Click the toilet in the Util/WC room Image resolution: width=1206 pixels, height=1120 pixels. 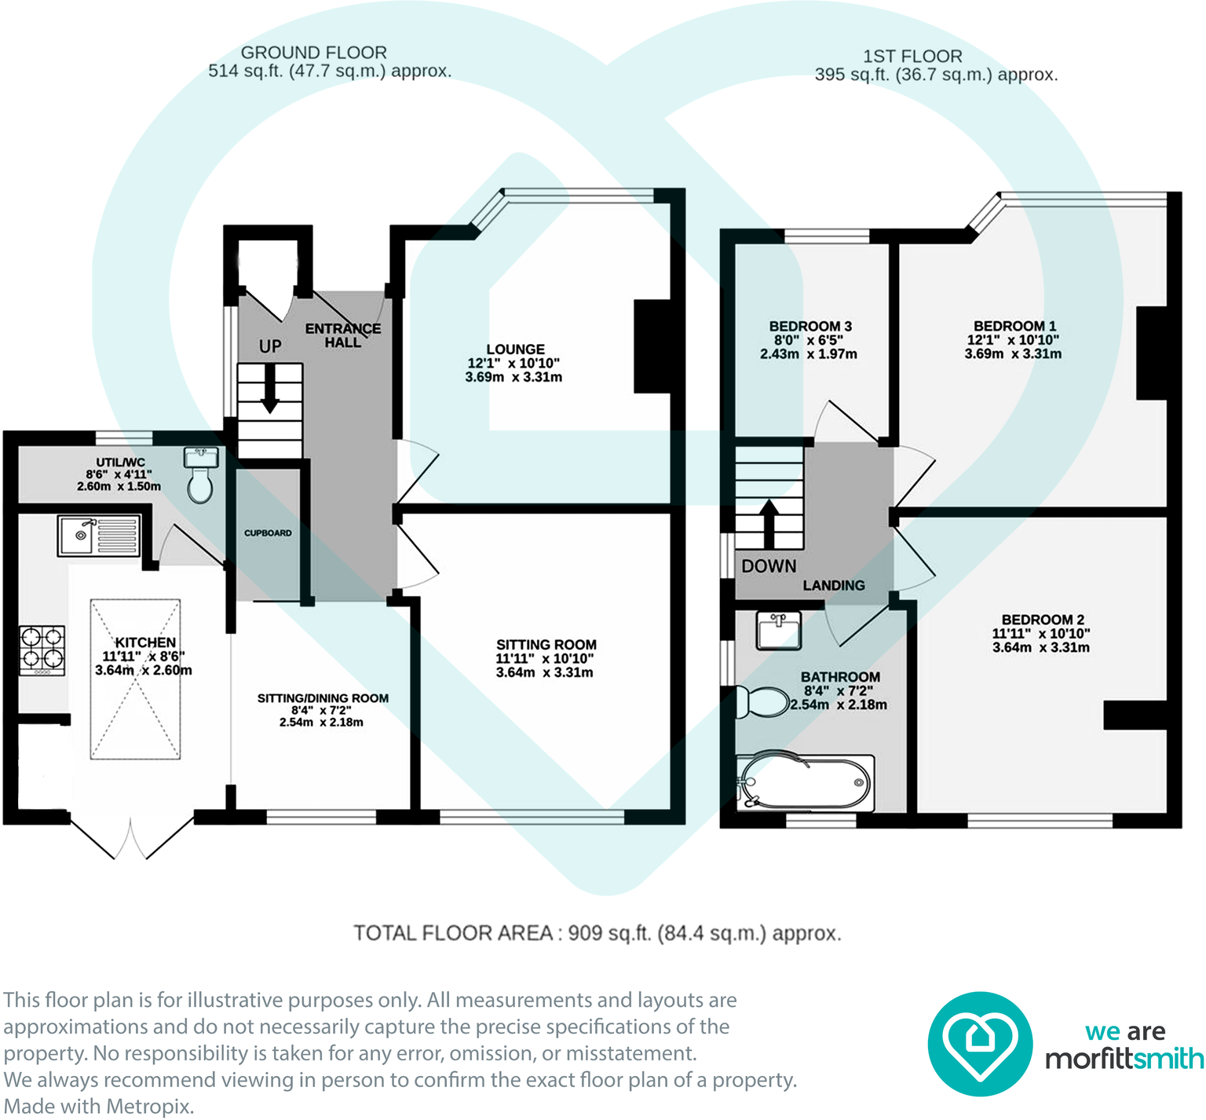click(200, 476)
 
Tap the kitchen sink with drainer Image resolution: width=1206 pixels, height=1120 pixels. click(99, 535)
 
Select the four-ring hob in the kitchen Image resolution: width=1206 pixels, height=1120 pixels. click(42, 650)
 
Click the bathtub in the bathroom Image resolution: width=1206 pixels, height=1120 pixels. click(806, 783)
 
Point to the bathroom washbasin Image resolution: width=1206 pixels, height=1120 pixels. click(778, 631)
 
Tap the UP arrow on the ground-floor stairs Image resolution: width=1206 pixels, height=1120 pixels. click(269, 390)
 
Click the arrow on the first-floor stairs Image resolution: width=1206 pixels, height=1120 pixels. click(769, 524)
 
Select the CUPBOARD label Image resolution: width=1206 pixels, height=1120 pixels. click(268, 533)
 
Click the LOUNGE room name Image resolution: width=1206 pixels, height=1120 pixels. click(515, 349)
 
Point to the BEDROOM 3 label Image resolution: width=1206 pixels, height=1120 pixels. click(810, 326)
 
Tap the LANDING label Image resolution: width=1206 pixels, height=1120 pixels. click(834, 585)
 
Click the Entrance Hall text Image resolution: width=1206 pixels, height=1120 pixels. click(343, 335)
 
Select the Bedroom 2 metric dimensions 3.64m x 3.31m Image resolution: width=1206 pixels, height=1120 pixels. click(1041, 648)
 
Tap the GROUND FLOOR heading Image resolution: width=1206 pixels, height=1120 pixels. click(314, 53)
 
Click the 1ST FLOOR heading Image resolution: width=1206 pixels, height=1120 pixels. click(912, 57)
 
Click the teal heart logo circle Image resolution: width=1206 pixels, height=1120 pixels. click(980, 1044)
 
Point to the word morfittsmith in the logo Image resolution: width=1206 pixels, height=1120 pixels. click(1124, 1059)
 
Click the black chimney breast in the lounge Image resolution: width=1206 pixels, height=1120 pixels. click(652, 346)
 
